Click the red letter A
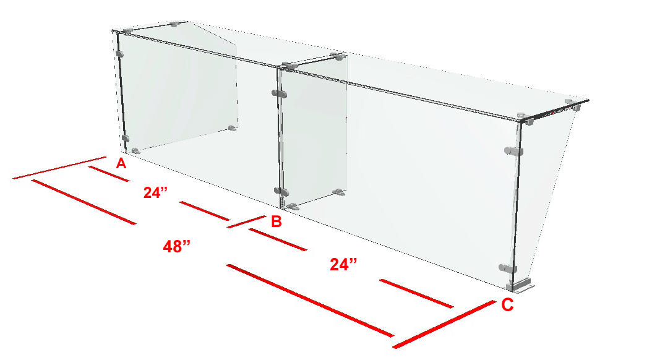coord(121,163)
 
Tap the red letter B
coord(277,221)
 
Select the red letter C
coord(507,305)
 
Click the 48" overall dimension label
coord(177,247)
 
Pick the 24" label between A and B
coord(155,192)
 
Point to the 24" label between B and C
coord(343,264)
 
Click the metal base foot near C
coord(520,286)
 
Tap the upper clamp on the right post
coord(513,151)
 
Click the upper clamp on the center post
coord(280,93)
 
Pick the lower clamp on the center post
coord(281,192)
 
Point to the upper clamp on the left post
coord(120,54)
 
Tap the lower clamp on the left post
coord(125,138)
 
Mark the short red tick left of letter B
coord(246,221)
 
